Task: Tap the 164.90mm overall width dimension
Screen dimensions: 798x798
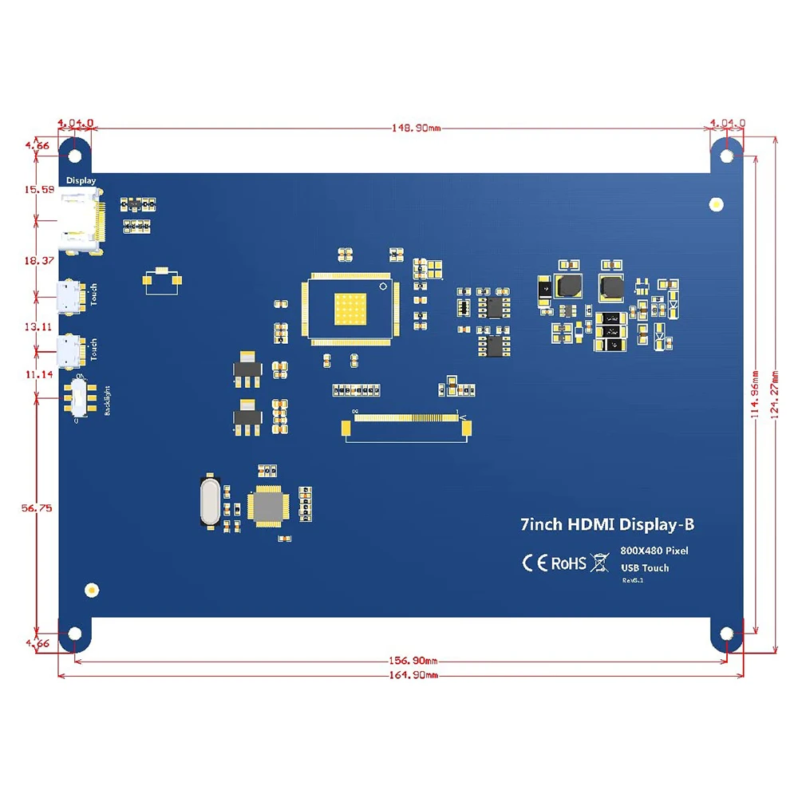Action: pos(413,676)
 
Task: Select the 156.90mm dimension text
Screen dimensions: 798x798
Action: pos(413,661)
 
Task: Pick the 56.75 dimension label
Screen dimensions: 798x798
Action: pos(38,508)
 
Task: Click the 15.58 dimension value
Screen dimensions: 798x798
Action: pos(38,189)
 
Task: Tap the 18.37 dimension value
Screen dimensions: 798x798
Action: pos(38,260)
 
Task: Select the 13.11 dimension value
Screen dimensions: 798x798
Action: pos(38,326)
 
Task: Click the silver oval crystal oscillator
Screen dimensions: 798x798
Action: pos(209,501)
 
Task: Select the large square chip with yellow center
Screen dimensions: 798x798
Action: pos(349,310)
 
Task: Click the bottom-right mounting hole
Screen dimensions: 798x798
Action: pos(727,634)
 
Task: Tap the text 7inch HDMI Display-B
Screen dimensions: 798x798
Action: pos(606,524)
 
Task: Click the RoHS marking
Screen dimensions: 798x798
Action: pos(568,563)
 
